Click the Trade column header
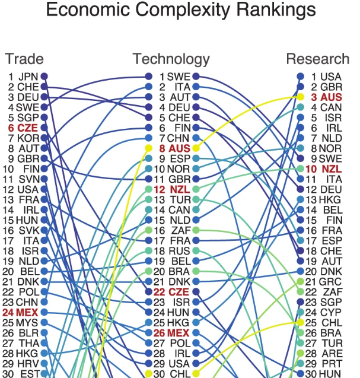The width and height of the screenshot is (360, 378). [x=24, y=59]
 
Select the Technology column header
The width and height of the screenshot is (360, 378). [x=171, y=59]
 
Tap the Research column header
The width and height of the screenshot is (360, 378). [x=317, y=59]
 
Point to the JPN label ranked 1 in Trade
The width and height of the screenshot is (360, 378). [x=28, y=77]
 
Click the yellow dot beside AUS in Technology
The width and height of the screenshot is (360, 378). [x=196, y=148]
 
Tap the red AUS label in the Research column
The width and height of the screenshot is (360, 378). [x=330, y=97]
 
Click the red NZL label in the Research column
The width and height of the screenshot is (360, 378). [x=330, y=169]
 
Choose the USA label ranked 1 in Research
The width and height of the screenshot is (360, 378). [x=330, y=77]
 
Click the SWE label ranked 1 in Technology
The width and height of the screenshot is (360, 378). [x=177, y=77]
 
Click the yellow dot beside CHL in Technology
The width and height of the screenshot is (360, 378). [x=196, y=374]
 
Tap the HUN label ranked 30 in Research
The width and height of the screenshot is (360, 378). [x=330, y=374]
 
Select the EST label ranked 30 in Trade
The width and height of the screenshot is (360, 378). [x=28, y=374]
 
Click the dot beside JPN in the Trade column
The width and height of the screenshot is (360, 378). [x=44, y=77]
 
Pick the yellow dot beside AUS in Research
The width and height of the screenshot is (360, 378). [x=300, y=97]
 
